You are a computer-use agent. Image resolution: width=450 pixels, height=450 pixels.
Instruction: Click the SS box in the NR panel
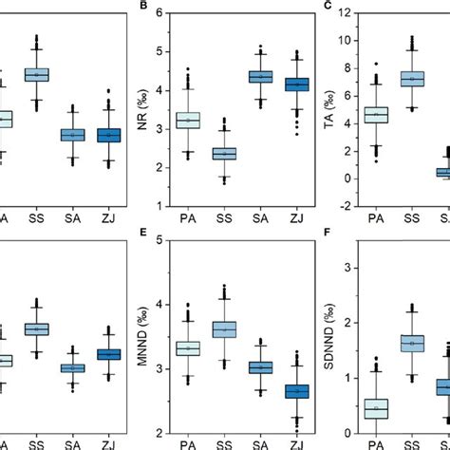click(223, 154)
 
